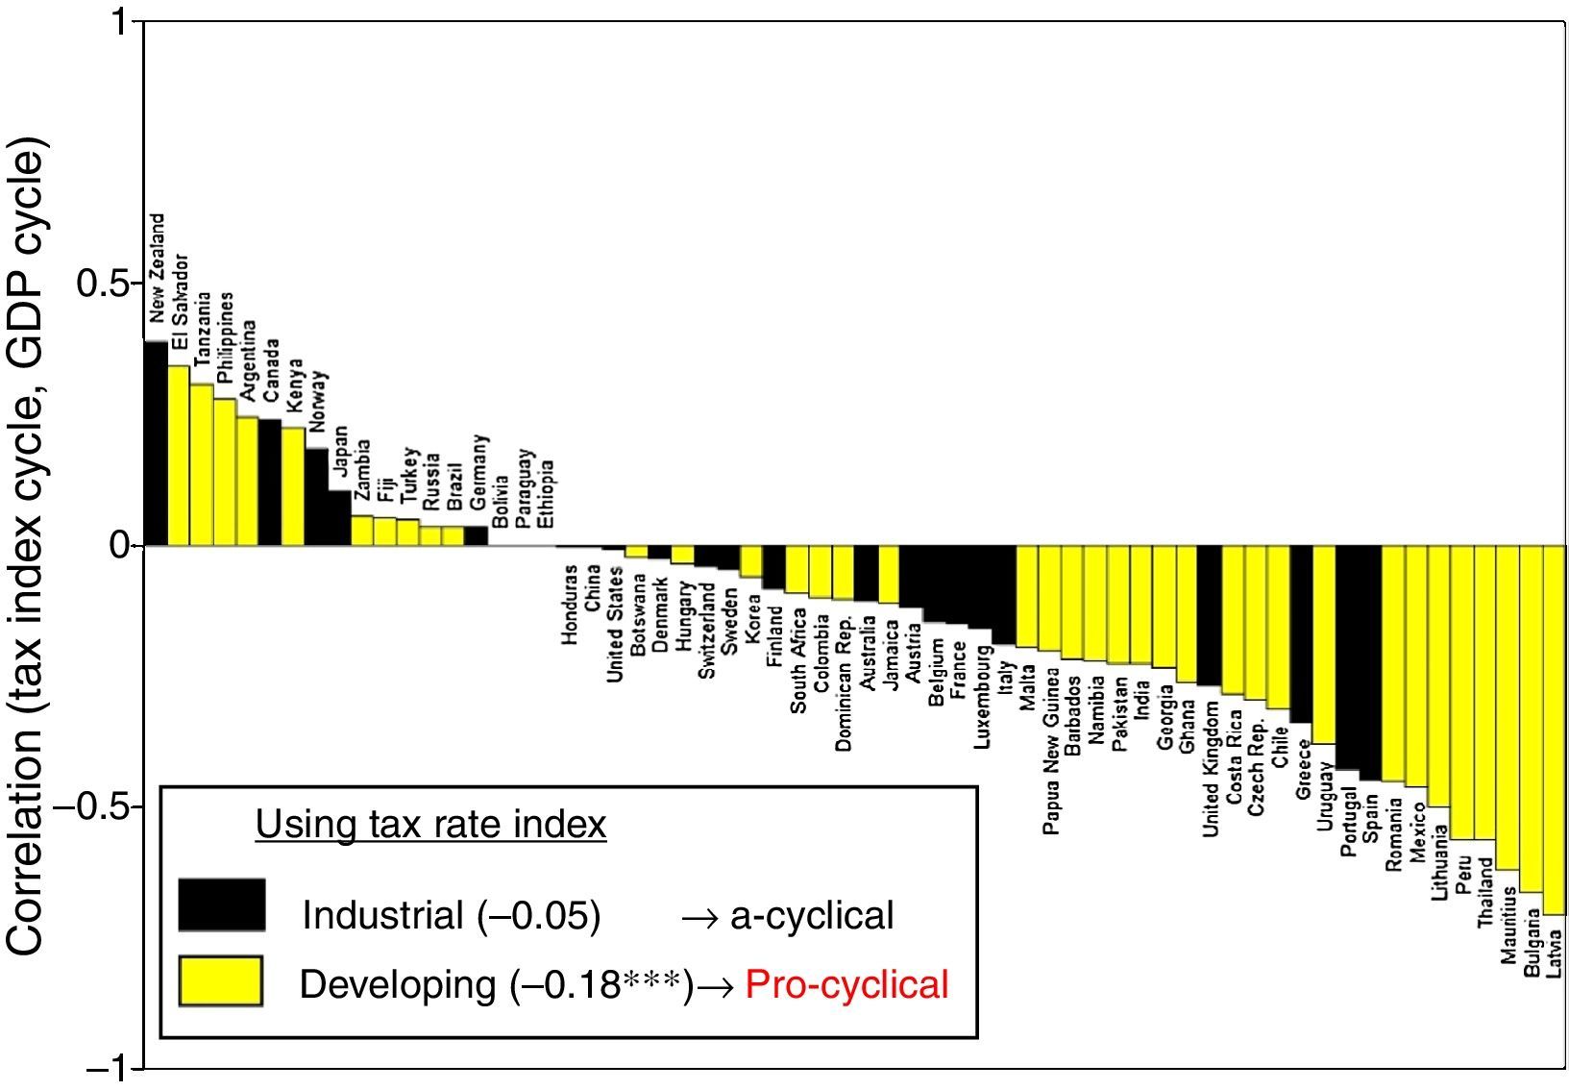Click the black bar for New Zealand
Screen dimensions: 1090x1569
pyautogui.click(x=156, y=443)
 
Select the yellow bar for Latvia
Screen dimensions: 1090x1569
pyautogui.click(x=1554, y=729)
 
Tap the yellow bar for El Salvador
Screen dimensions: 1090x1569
pyautogui.click(x=179, y=456)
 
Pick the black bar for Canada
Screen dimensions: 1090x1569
pyautogui.click(x=270, y=483)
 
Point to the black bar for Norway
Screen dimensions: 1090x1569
pyautogui.click(x=316, y=497)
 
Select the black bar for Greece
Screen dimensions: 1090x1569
pyautogui.click(x=1301, y=633)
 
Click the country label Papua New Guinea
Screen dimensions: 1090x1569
pyautogui.click(x=1051, y=753)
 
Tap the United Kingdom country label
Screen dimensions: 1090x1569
pyautogui.click(x=1211, y=769)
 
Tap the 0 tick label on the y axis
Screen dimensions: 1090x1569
pyautogui.click(x=119, y=546)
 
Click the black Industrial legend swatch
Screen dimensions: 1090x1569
pyautogui.click(x=221, y=905)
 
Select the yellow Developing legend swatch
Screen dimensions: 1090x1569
pyautogui.click(x=221, y=981)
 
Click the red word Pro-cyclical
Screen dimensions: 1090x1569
pyautogui.click(x=846, y=984)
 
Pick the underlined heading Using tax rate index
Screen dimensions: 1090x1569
pyautogui.click(x=430, y=825)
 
